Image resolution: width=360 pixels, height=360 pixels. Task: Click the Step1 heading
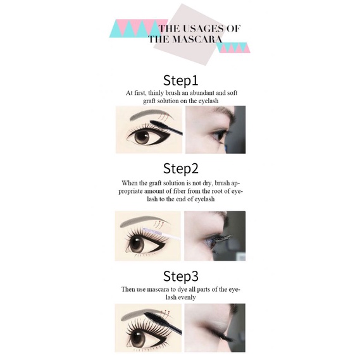180,80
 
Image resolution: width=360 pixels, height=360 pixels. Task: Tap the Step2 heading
180,168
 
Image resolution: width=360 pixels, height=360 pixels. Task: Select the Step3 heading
180,276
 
